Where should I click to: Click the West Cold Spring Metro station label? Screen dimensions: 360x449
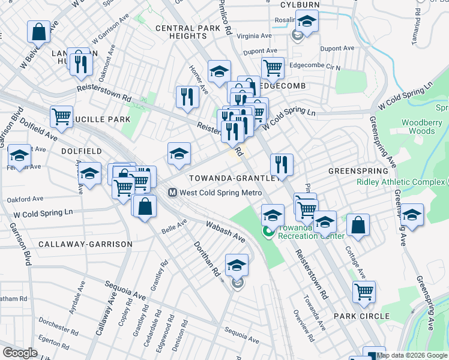[221, 193]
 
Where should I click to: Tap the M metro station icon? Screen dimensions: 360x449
[172, 193]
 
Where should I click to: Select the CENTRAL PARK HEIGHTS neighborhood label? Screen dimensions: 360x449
[183, 32]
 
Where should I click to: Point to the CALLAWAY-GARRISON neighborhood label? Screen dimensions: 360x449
[76, 244]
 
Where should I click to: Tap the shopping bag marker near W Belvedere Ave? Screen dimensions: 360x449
[38, 32]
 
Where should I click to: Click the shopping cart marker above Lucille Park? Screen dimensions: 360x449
[62, 117]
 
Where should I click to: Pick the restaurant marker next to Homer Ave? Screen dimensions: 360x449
[187, 96]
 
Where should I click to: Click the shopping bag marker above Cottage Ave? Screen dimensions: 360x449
[358, 225]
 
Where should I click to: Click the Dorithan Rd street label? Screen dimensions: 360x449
[206, 259]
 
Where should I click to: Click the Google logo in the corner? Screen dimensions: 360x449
[20, 353]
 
